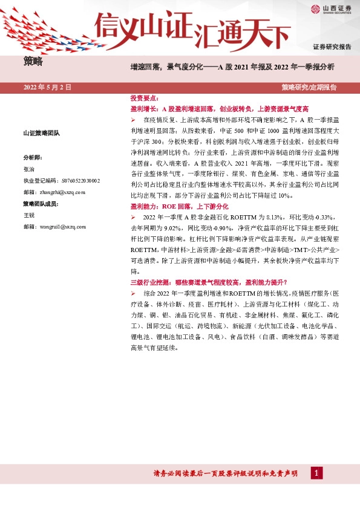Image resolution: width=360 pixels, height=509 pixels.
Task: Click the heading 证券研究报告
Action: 332,47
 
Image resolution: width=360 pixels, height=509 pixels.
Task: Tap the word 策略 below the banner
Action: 33,61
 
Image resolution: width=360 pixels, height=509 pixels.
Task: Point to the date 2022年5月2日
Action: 48,88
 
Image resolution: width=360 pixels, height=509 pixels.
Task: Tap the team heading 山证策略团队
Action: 41,133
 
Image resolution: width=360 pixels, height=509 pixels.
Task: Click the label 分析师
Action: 33,157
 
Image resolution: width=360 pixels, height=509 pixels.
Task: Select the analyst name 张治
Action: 29,168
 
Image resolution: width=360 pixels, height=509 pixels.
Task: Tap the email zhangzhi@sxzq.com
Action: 60,192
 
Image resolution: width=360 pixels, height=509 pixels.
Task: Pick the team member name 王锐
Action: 29,215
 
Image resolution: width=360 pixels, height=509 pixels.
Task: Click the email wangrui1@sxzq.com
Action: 60,227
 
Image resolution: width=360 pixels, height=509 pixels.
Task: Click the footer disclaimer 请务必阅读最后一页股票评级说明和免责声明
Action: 226,473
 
